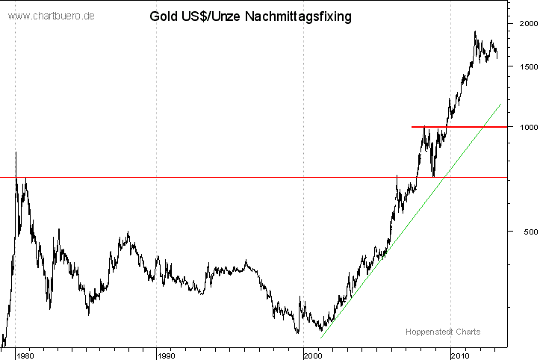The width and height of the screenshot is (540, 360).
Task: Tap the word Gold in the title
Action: (x=164, y=16)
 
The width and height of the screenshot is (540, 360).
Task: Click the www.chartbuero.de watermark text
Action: (x=52, y=16)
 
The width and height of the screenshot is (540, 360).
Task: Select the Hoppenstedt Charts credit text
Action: (x=443, y=332)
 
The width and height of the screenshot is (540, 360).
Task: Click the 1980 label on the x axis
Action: (x=25, y=353)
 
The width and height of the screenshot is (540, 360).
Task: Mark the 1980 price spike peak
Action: (x=16, y=153)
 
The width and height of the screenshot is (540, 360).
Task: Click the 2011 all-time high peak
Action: (x=475, y=31)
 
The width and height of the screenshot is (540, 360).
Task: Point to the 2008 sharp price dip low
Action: (x=434, y=176)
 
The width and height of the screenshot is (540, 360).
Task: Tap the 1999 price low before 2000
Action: (x=297, y=332)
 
